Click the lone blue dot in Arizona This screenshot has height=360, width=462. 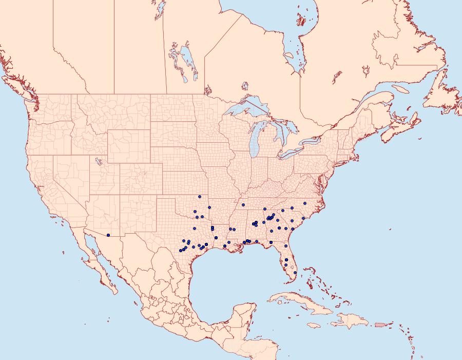pyautogui.click(x=108, y=235)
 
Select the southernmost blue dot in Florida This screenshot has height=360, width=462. pyautogui.click(x=295, y=273)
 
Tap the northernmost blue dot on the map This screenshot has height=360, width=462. pyautogui.click(x=199, y=197)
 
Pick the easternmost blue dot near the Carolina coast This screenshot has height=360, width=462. pyautogui.click(x=303, y=219)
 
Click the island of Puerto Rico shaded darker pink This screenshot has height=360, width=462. pyautogui.click(x=379, y=324)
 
